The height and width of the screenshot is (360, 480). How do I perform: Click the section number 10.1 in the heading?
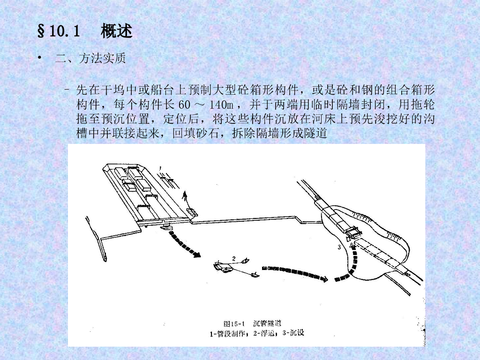pos(64,31)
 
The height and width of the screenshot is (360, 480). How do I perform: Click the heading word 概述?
pos(116,31)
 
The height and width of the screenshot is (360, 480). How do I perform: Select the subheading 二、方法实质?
pos(90,58)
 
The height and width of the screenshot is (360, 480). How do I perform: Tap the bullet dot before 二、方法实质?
pos(39,57)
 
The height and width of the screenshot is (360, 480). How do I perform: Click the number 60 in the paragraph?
pos(185,105)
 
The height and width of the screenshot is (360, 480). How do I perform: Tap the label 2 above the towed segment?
pos(234,259)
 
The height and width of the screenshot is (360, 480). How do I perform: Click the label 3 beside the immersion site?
pos(339,247)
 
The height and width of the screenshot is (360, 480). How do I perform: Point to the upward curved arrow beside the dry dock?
pos(185,199)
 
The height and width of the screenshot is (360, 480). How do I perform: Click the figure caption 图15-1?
pos(234,324)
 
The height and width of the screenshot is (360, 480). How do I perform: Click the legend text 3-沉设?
pos(293,333)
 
